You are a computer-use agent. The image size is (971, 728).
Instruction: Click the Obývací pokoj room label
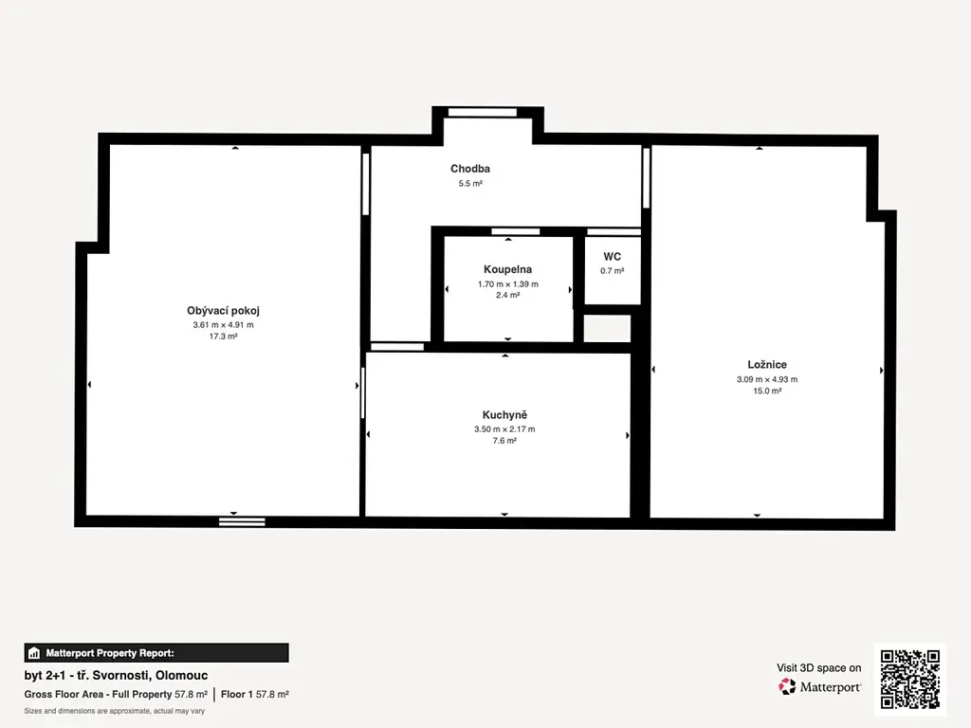223,311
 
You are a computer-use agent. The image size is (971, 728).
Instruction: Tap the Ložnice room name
766,365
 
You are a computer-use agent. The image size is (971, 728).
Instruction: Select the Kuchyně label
504,415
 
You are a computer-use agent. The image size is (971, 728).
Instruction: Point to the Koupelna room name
508,269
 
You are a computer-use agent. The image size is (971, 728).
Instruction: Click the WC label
612,256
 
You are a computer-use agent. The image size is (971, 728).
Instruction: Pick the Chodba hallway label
470,169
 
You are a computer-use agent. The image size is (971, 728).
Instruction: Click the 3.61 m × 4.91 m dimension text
223,324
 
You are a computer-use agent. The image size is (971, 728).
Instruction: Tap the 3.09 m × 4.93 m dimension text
766,379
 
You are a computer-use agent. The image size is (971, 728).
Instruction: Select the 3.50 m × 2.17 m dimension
504,429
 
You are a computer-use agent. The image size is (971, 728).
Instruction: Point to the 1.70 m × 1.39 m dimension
508,284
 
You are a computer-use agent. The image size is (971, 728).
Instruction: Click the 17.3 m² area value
223,337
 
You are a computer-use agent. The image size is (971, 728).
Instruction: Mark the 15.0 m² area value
766,391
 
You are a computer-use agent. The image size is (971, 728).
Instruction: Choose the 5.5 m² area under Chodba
470,183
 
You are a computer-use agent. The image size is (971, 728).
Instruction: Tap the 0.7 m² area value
612,270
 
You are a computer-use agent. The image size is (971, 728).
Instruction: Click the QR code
909,679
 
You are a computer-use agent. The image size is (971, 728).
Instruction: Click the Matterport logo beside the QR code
819,686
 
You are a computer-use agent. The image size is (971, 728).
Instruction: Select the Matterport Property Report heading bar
156,653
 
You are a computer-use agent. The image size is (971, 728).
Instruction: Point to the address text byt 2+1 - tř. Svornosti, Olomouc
116,675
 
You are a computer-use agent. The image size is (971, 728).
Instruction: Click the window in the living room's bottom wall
242,522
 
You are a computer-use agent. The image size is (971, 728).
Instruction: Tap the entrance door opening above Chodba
483,112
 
